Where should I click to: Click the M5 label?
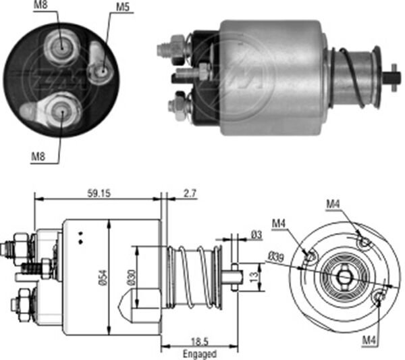click(122, 7)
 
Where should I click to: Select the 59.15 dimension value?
click(98, 193)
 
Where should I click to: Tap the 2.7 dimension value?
click(190, 193)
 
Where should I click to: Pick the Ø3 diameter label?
click(256, 234)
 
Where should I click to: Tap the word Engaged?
click(199, 354)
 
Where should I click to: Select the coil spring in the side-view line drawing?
click(196, 277)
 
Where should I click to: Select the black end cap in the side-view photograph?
click(202, 74)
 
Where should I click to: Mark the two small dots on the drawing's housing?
click(80, 237)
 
